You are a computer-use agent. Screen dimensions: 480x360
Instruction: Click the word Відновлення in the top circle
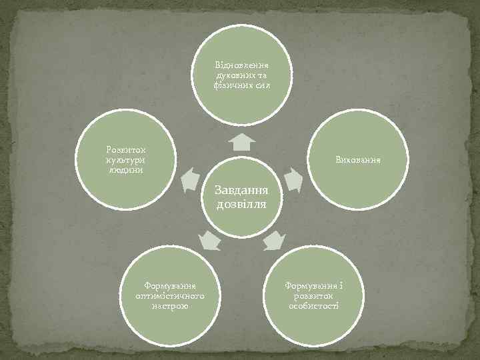click(241, 67)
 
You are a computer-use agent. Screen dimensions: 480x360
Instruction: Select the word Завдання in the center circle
click(241, 190)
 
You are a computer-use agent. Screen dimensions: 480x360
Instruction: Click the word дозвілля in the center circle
click(241, 204)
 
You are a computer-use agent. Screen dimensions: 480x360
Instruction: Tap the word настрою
click(169, 305)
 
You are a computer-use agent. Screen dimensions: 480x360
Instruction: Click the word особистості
click(313, 305)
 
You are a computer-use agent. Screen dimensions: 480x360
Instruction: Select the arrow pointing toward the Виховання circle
click(293, 179)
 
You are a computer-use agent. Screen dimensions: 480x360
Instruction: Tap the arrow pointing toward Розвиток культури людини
click(189, 177)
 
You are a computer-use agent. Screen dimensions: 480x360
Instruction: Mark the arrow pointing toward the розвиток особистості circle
click(273, 240)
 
